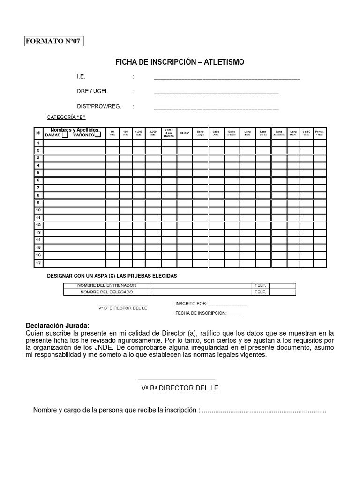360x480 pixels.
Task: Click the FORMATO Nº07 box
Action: click(54, 41)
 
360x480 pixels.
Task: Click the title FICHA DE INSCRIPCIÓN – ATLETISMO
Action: click(180, 62)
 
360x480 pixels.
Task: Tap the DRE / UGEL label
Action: click(92, 91)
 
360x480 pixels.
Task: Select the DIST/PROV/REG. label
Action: click(99, 106)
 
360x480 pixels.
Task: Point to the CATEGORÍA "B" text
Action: click(66, 117)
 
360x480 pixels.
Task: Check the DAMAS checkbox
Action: click(65, 135)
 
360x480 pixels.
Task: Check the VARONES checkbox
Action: click(97, 135)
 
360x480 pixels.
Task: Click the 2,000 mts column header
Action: click(152, 133)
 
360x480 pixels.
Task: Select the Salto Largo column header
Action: click(200, 133)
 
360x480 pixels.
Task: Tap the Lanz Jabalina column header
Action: click(279, 133)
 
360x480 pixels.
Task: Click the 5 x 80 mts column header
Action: click(306, 133)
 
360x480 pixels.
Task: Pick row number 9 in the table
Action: click(38, 202)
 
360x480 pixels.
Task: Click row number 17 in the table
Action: click(38, 263)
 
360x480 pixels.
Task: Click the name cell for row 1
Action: click(74, 143)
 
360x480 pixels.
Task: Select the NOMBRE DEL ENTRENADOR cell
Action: click(107, 285)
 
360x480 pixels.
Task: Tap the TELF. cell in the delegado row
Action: click(260, 292)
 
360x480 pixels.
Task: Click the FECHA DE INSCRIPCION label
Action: click(201, 313)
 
